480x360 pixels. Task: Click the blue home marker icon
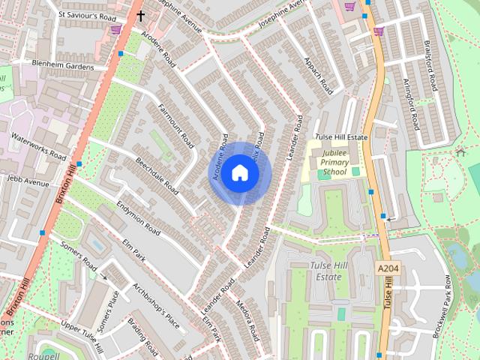tap(239, 173)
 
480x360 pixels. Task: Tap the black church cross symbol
tap(140, 15)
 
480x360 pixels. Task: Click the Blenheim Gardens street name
tap(63, 65)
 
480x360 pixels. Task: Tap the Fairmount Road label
tap(177, 125)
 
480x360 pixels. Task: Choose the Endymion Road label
tap(138, 218)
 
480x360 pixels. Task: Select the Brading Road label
tap(142, 338)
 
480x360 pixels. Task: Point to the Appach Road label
tap(318, 75)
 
